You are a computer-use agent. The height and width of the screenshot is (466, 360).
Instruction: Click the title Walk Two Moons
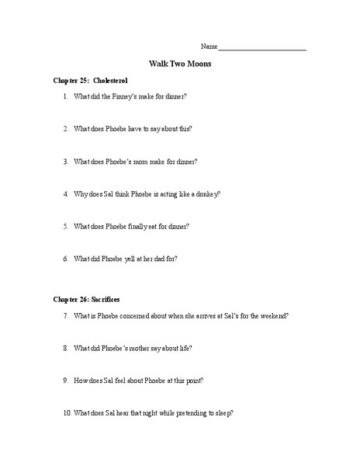tap(180, 64)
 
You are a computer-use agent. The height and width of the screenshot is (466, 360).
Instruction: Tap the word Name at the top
tap(209, 47)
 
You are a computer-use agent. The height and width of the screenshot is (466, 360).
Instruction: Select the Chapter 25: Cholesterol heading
tap(90, 80)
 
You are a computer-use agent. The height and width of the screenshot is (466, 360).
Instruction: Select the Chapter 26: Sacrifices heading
tap(86, 298)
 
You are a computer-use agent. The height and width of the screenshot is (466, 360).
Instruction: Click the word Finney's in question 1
tap(130, 96)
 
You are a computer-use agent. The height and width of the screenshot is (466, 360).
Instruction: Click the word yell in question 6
tap(133, 259)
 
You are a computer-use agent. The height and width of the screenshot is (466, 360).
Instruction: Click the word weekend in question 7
tap(272, 316)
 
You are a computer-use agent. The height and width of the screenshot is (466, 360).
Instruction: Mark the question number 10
tap(67, 413)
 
